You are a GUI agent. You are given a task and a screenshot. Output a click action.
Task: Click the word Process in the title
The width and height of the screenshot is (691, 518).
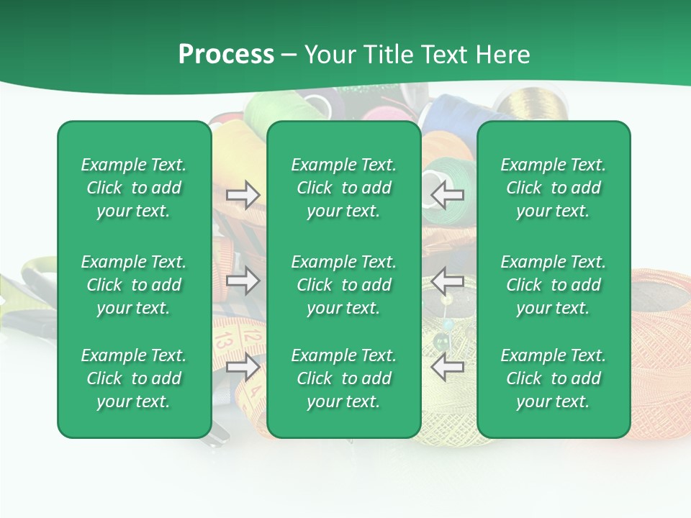(x=226, y=55)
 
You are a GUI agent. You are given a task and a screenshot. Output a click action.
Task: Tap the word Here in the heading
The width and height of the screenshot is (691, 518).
(x=502, y=55)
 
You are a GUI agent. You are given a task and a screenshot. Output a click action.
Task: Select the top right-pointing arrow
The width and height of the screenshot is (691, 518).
(x=243, y=195)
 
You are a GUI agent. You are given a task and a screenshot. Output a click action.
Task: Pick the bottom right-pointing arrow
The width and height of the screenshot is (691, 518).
(x=243, y=367)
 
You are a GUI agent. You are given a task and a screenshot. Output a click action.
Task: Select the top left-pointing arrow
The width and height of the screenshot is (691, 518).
(x=448, y=195)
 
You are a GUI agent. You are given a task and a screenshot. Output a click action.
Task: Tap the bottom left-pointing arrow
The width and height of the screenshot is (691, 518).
(x=448, y=367)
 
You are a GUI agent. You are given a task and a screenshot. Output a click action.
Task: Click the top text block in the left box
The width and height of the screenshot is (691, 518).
(x=134, y=188)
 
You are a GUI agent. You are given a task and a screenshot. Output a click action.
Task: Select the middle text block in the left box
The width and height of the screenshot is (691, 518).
(x=134, y=285)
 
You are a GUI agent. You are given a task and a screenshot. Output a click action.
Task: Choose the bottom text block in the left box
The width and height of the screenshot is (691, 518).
(x=134, y=378)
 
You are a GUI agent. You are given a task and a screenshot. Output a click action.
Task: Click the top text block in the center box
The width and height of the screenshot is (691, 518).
(x=343, y=188)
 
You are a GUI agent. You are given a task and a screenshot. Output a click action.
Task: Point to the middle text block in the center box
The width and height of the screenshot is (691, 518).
(x=343, y=285)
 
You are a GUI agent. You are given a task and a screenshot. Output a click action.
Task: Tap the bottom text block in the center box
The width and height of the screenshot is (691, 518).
(x=343, y=378)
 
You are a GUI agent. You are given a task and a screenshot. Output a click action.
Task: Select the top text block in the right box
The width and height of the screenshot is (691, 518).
(x=553, y=188)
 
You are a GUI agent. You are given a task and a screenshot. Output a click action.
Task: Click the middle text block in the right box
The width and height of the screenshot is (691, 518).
(x=553, y=285)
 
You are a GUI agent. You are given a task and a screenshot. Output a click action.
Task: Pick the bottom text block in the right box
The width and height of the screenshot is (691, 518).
(x=553, y=378)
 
